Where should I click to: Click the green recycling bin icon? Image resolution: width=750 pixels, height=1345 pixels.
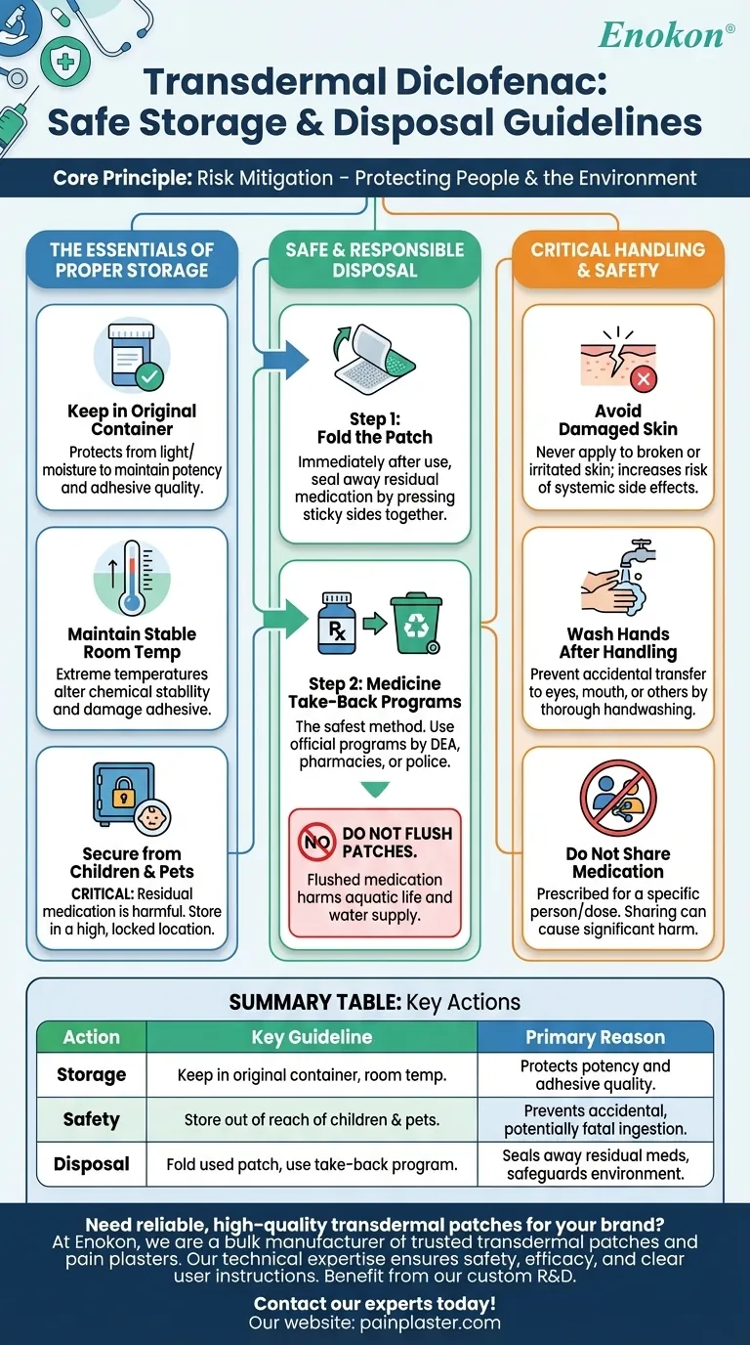click(x=415, y=624)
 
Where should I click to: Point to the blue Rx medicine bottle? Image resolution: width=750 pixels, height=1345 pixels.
click(x=336, y=624)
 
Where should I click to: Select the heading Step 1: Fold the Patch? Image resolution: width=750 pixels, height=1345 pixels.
click(x=375, y=428)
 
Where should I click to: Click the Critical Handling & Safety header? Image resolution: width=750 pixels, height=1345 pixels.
click(x=618, y=259)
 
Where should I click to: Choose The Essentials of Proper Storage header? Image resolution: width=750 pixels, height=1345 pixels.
click(x=132, y=259)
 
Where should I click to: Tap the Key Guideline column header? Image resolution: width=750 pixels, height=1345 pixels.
click(x=312, y=1037)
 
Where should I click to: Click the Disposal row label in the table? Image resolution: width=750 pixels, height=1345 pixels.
click(x=92, y=1164)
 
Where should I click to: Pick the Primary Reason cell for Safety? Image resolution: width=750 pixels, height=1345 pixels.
click(x=595, y=1119)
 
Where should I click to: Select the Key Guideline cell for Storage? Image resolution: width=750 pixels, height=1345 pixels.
click(x=312, y=1075)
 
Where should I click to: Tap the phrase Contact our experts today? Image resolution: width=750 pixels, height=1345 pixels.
click(x=375, y=1303)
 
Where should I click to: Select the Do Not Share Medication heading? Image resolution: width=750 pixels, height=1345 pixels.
click(x=618, y=862)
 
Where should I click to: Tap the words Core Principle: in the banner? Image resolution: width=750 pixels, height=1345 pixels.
click(x=122, y=178)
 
